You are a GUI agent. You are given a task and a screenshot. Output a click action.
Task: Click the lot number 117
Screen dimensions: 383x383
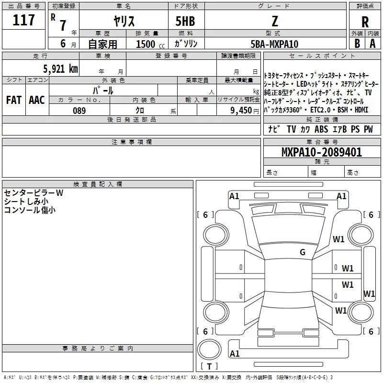(23, 20)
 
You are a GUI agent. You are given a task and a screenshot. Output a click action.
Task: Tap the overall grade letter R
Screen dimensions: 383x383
(365, 22)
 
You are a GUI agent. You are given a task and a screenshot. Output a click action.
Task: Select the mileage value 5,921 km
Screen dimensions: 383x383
(61, 68)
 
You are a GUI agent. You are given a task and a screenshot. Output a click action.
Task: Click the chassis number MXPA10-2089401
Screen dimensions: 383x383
(322, 152)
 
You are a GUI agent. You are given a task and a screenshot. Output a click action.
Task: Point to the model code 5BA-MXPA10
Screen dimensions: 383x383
(274, 44)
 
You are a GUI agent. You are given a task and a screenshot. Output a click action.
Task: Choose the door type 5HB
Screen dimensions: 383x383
(185, 21)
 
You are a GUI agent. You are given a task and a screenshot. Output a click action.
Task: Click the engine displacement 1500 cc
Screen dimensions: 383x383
(150, 44)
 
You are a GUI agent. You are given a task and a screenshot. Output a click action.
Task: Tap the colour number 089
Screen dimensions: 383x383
(79, 111)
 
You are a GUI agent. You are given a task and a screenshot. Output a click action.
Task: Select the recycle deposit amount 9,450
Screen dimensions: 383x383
(241, 111)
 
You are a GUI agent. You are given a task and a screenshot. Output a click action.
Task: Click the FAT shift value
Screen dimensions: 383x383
(13, 100)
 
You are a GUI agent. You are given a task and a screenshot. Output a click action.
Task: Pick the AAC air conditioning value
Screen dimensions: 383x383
(37, 100)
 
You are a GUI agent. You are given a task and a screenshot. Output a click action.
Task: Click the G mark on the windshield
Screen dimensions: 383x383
(303, 252)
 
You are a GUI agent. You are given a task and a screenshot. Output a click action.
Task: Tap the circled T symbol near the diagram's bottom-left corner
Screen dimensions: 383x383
(209, 349)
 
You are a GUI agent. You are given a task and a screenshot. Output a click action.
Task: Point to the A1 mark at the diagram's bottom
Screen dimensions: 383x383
(235, 353)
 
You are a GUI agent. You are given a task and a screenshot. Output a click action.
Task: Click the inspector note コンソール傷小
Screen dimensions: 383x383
(30, 210)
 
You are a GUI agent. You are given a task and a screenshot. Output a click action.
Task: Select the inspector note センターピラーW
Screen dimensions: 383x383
(34, 193)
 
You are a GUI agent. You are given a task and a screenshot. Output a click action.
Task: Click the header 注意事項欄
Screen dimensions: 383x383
(132, 142)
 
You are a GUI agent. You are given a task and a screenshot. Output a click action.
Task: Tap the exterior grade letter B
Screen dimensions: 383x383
(357, 44)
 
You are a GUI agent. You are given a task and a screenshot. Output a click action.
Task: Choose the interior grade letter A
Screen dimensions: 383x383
(372, 44)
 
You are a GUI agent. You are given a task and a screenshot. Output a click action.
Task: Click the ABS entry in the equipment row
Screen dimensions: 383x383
(321, 129)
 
